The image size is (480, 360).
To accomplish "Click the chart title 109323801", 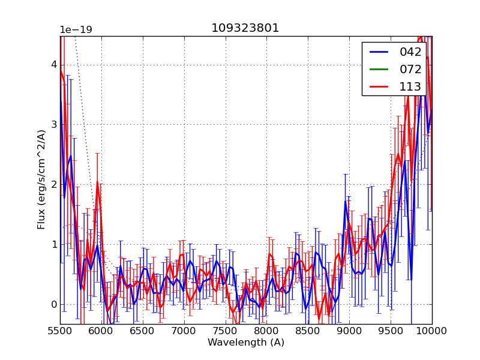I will (245, 28).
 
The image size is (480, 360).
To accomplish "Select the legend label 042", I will (410, 52).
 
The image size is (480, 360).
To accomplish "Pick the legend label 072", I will (410, 69).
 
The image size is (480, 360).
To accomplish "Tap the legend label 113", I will (410, 86).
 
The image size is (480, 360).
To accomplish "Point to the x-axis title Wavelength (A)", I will (246, 343).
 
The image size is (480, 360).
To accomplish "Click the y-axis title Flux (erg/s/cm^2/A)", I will (41, 179).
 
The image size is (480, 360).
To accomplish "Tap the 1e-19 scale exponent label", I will (76, 30).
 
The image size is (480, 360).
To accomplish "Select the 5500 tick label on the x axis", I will (60, 331).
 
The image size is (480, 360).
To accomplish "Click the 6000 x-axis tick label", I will (101, 331).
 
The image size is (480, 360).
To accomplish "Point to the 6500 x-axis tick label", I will (143, 331).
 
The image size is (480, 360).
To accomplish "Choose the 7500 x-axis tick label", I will (226, 331).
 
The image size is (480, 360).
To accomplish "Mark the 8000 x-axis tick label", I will (266, 331).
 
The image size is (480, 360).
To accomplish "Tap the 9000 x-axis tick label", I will (349, 331).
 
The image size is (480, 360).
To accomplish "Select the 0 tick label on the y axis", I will (53, 304).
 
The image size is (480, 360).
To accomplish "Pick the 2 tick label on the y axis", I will (53, 184).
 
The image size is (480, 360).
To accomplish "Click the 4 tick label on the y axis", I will (53, 65).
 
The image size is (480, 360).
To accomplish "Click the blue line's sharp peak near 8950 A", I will (346, 200).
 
